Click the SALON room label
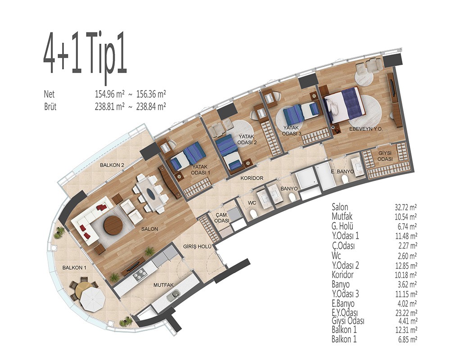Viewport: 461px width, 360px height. pyautogui.click(x=149, y=229)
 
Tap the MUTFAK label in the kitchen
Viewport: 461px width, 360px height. pyautogui.click(x=163, y=285)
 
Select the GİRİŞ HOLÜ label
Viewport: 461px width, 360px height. pyautogui.click(x=197, y=247)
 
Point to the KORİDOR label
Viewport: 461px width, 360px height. pyautogui.click(x=252, y=178)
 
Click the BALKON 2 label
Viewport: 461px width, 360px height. pyautogui.click(x=112, y=165)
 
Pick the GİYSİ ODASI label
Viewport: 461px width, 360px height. pyautogui.click(x=385, y=156)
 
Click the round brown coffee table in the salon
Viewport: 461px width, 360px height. pyautogui.click(x=113, y=225)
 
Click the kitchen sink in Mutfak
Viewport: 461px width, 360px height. pyautogui.click(x=173, y=295)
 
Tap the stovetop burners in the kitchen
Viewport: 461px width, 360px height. pyautogui.click(x=140, y=274)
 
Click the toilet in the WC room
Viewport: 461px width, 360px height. pyautogui.click(x=253, y=214)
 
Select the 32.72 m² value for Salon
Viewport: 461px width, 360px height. pyautogui.click(x=406, y=207)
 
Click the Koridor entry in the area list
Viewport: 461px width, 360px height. pyautogui.click(x=343, y=275)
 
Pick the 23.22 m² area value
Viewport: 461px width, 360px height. pyautogui.click(x=406, y=312)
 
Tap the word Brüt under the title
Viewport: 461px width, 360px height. pyautogui.click(x=50, y=106)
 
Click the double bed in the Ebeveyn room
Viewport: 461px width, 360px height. pyautogui.click(x=344, y=104)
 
